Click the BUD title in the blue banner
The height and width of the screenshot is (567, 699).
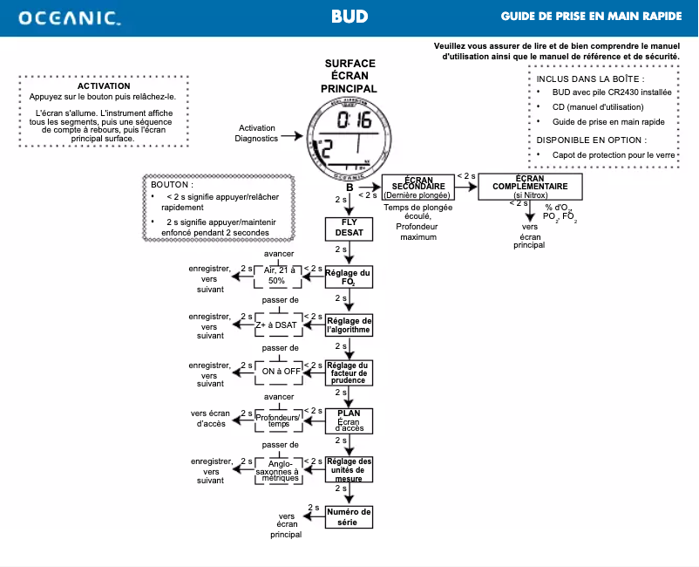click(x=349, y=17)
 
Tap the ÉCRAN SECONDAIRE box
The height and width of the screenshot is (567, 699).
click(x=419, y=188)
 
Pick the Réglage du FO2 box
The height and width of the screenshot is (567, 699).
click(x=349, y=277)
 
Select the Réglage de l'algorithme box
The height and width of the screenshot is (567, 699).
click(x=349, y=324)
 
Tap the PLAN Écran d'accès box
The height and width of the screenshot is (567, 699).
click(x=349, y=420)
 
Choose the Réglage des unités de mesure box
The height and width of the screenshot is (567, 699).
click(x=349, y=468)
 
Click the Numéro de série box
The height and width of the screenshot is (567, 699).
click(x=349, y=516)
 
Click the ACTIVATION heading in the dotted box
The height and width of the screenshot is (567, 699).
click(x=104, y=86)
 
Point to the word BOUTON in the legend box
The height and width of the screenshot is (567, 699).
click(x=172, y=186)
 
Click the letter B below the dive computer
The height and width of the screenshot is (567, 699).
click(x=349, y=187)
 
